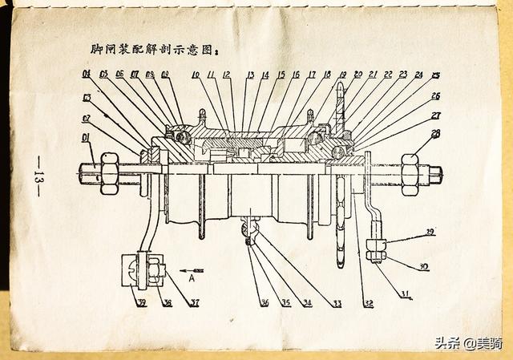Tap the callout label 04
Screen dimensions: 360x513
(x=85, y=75)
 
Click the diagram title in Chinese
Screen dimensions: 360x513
(x=154, y=50)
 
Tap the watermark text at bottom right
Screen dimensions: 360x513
(x=468, y=343)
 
